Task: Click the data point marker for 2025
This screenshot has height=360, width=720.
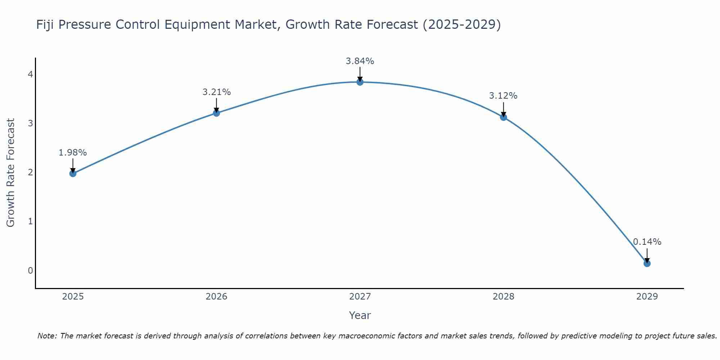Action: [x=73, y=174]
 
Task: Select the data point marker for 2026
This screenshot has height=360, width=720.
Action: [x=216, y=113]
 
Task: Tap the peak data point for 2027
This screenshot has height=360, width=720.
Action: [x=360, y=82]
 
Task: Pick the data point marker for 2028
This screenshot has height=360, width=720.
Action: [x=503, y=117]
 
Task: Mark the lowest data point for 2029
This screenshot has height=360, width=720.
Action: [x=647, y=264]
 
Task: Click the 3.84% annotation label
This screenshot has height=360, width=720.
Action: [x=360, y=61]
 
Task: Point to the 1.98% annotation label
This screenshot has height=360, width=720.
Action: [x=73, y=153]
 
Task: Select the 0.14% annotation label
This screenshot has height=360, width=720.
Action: [x=647, y=242]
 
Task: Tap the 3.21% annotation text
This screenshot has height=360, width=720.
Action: [x=216, y=92]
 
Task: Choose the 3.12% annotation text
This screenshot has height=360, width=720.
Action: [x=503, y=96]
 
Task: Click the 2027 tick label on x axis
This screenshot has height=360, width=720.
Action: [x=360, y=297]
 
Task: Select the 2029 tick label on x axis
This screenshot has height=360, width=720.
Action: [x=647, y=297]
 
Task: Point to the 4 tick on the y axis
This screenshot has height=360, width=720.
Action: [x=31, y=75]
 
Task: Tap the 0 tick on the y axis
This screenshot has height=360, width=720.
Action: [x=31, y=270]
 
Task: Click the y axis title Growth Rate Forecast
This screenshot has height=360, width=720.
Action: [x=11, y=173]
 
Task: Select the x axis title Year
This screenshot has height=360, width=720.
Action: [x=360, y=315]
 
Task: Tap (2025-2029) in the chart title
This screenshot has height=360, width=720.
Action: [x=462, y=25]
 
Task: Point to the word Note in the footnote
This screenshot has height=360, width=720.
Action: [x=47, y=336]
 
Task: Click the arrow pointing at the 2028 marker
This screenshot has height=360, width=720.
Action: [x=503, y=109]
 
